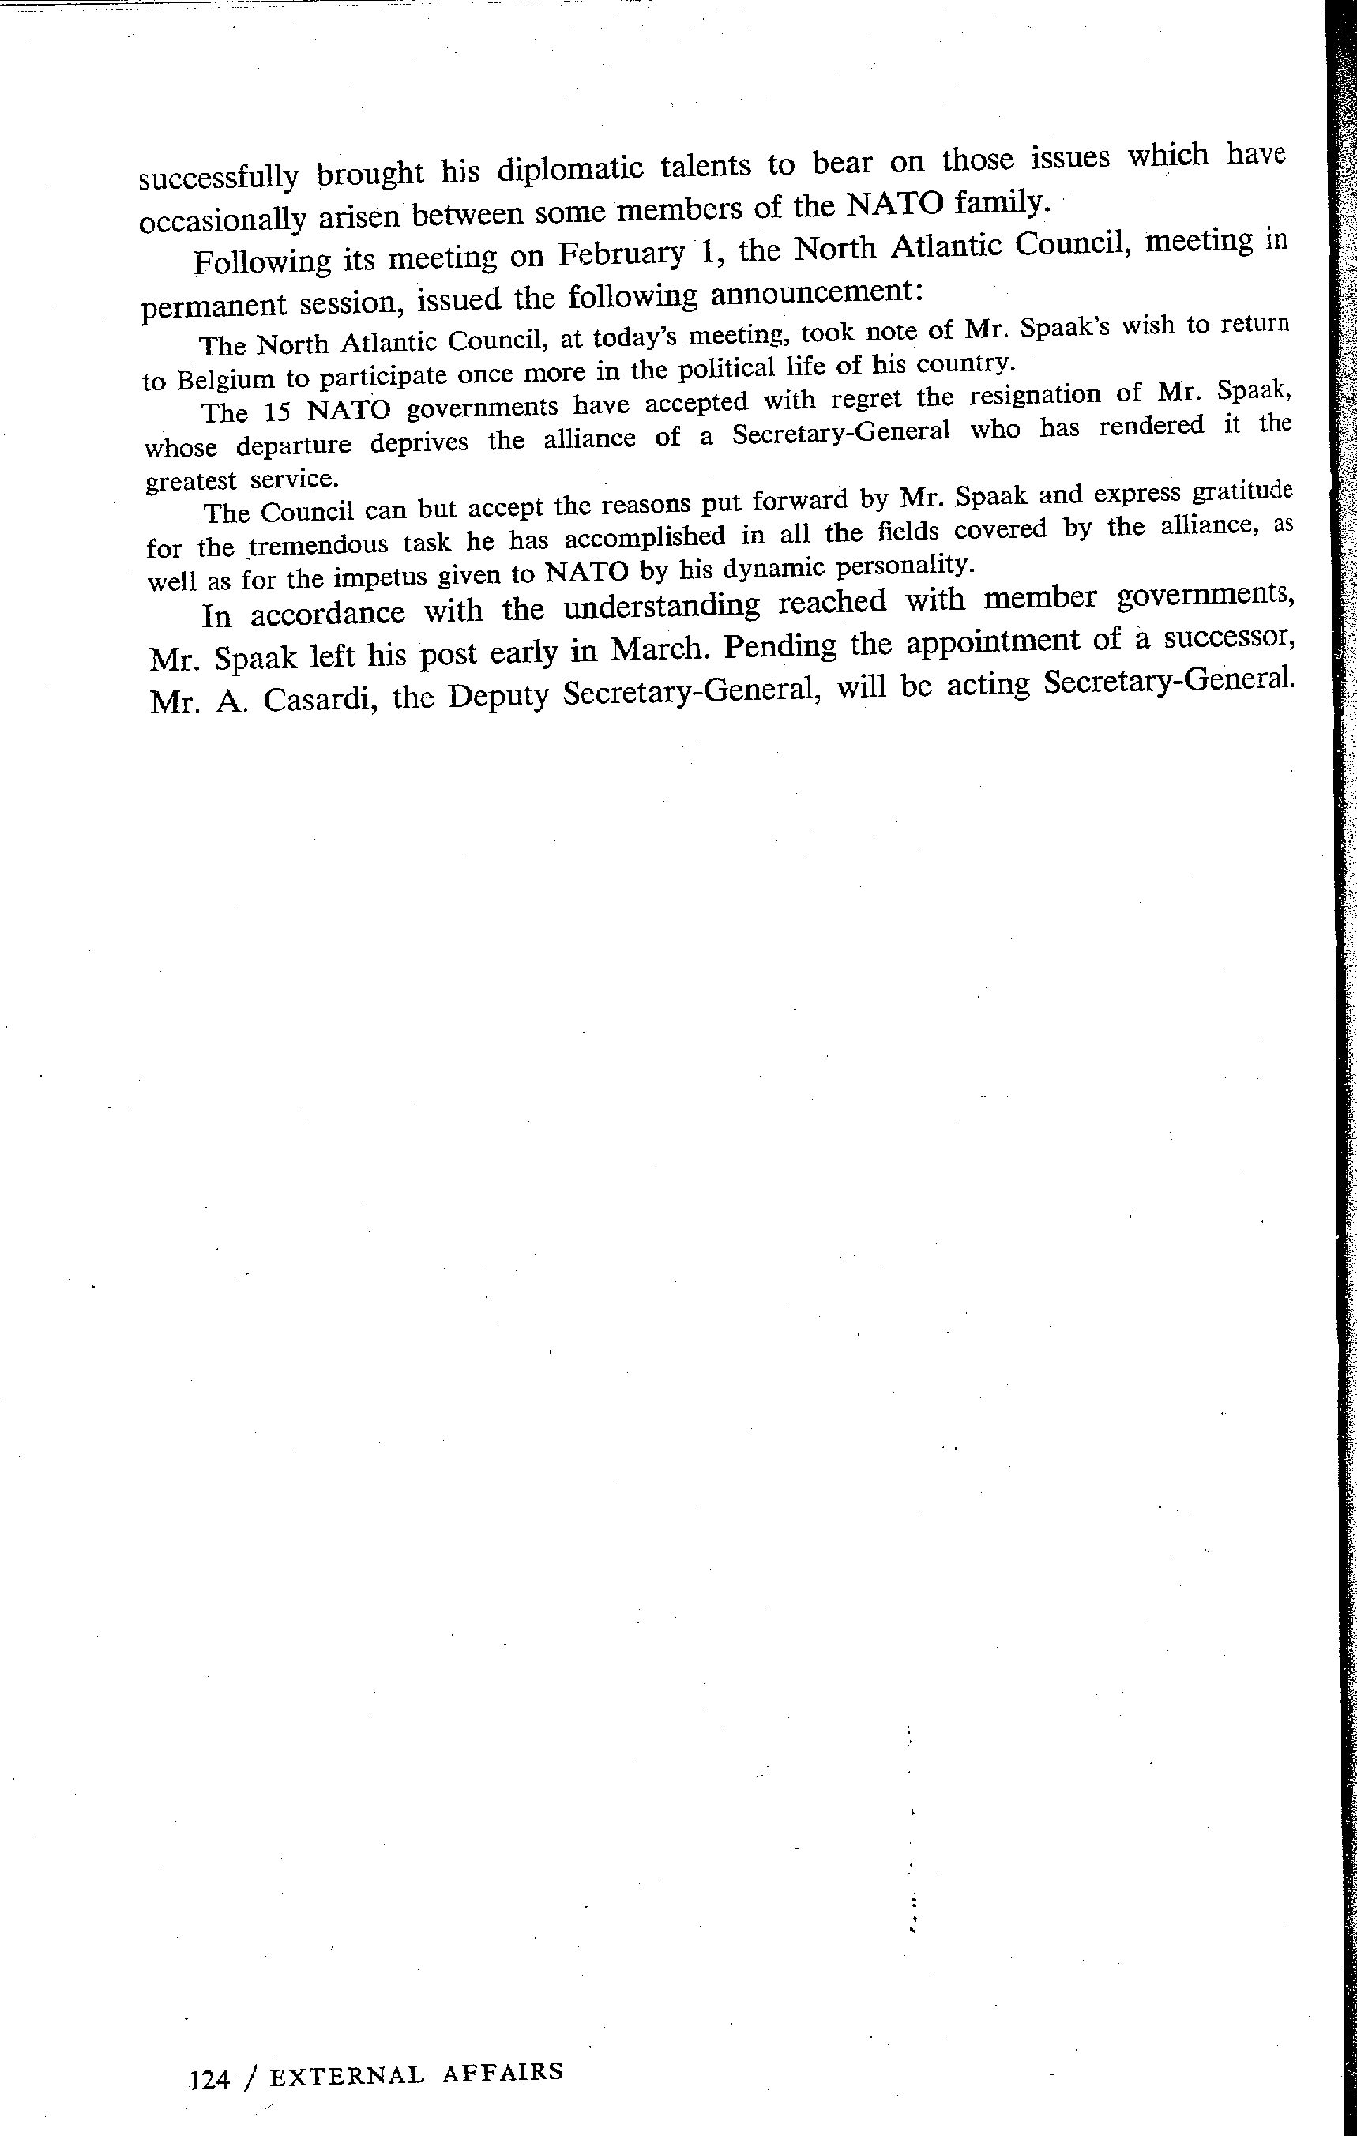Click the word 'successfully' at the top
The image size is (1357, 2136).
218,179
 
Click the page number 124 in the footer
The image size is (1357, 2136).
209,2078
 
